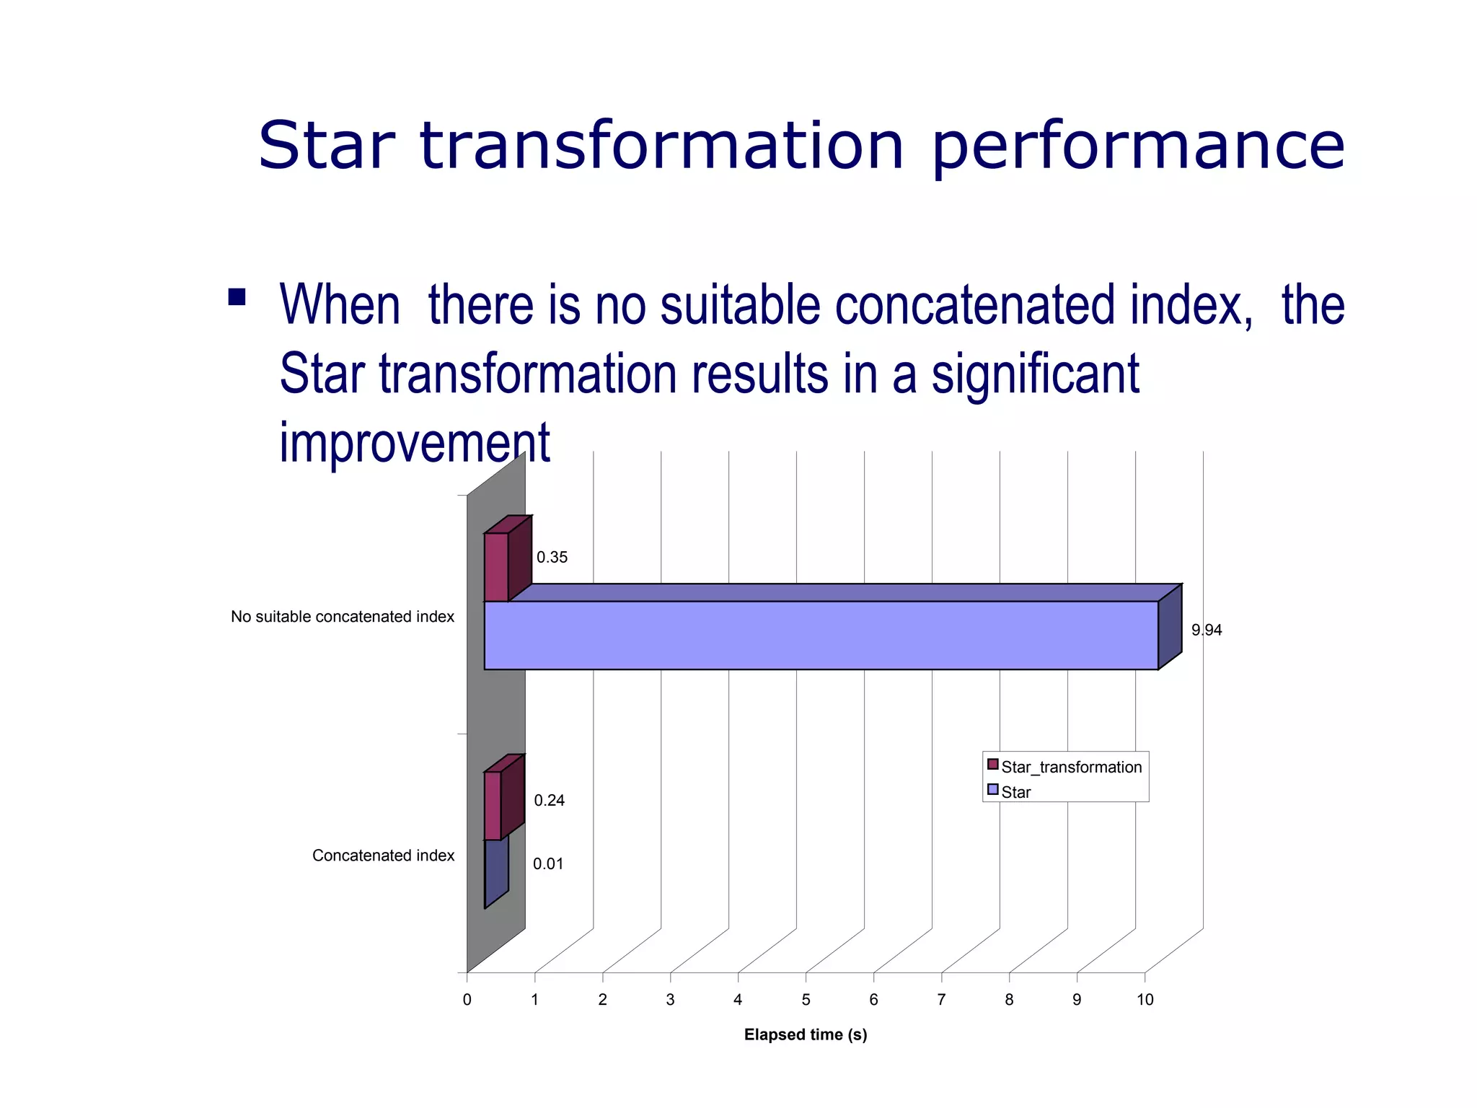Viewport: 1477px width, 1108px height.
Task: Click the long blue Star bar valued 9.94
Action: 821,635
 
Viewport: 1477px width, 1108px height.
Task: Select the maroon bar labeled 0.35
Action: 496,567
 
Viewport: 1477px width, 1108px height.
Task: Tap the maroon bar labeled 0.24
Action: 493,806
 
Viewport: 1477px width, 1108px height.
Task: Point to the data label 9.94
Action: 1206,630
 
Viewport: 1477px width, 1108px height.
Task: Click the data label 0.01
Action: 548,863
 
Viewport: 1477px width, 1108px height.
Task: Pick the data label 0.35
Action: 552,557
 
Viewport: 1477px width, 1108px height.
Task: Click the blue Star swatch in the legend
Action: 993,789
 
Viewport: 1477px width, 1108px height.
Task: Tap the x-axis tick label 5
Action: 806,1000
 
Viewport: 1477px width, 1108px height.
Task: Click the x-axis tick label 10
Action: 1145,1000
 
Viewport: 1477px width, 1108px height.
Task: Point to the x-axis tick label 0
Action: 467,1000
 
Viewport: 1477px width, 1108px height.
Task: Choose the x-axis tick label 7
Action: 941,1000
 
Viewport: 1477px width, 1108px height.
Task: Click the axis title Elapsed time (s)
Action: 805,1034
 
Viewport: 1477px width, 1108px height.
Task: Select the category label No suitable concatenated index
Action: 342,617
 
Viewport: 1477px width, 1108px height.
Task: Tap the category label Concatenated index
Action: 383,856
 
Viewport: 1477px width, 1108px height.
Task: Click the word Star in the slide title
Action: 327,146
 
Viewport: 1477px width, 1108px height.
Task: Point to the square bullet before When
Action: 237,297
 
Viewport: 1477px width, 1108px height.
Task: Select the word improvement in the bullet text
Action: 415,441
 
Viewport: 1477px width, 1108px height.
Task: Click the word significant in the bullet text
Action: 1035,374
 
